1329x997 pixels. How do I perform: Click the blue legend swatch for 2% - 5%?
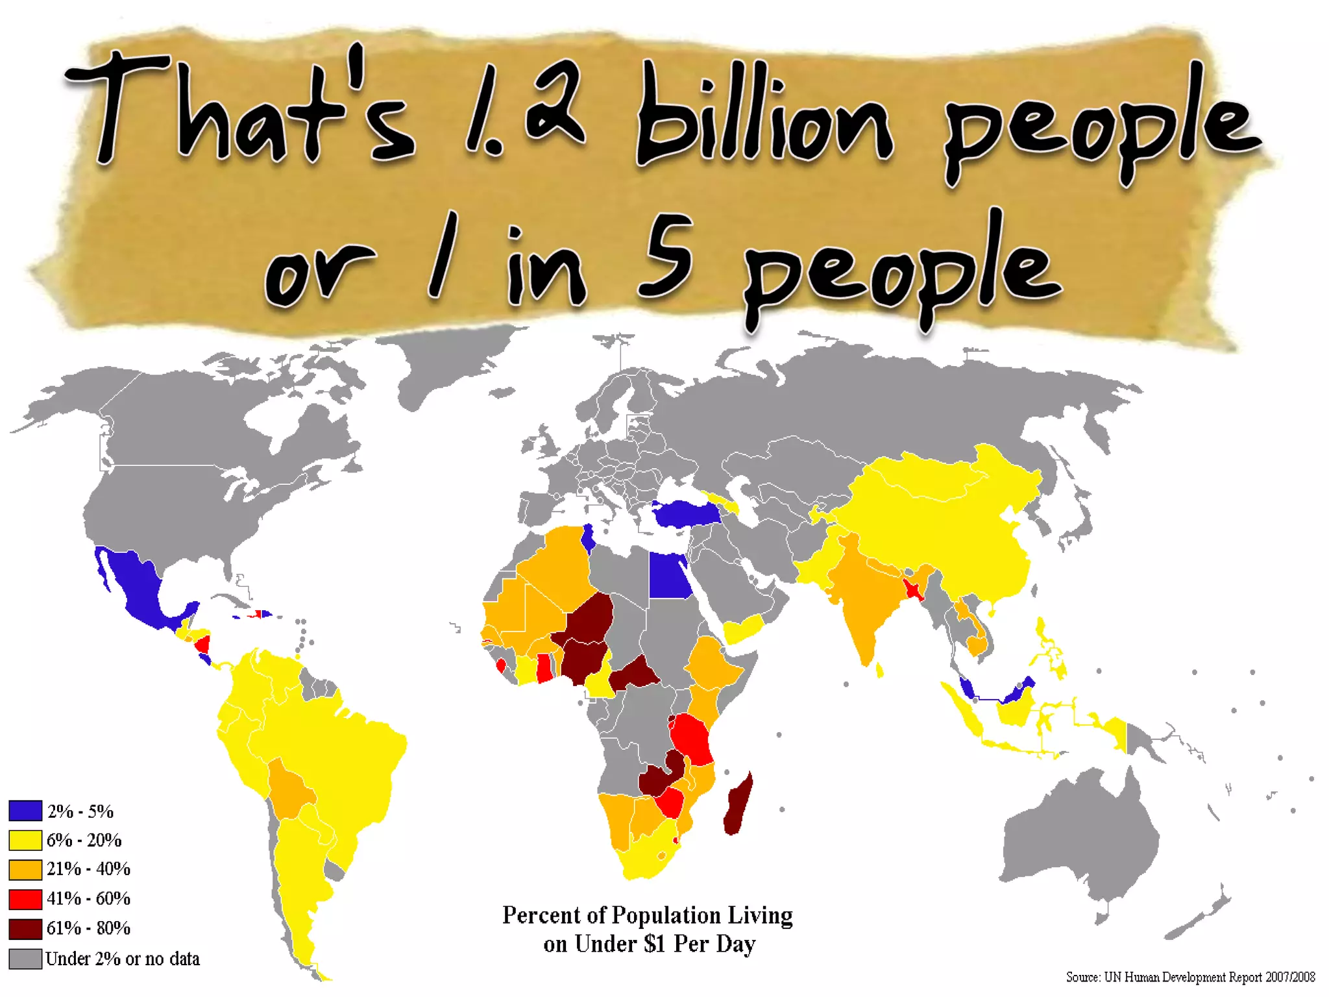(25, 811)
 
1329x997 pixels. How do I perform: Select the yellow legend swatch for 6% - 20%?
(25, 840)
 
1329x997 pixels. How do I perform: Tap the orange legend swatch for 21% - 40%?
(25, 869)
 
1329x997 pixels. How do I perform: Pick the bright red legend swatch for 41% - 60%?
(25, 899)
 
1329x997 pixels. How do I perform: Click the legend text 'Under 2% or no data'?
(122, 959)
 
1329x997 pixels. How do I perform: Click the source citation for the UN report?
(1190, 977)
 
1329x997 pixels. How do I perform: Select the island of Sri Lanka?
(880, 669)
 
